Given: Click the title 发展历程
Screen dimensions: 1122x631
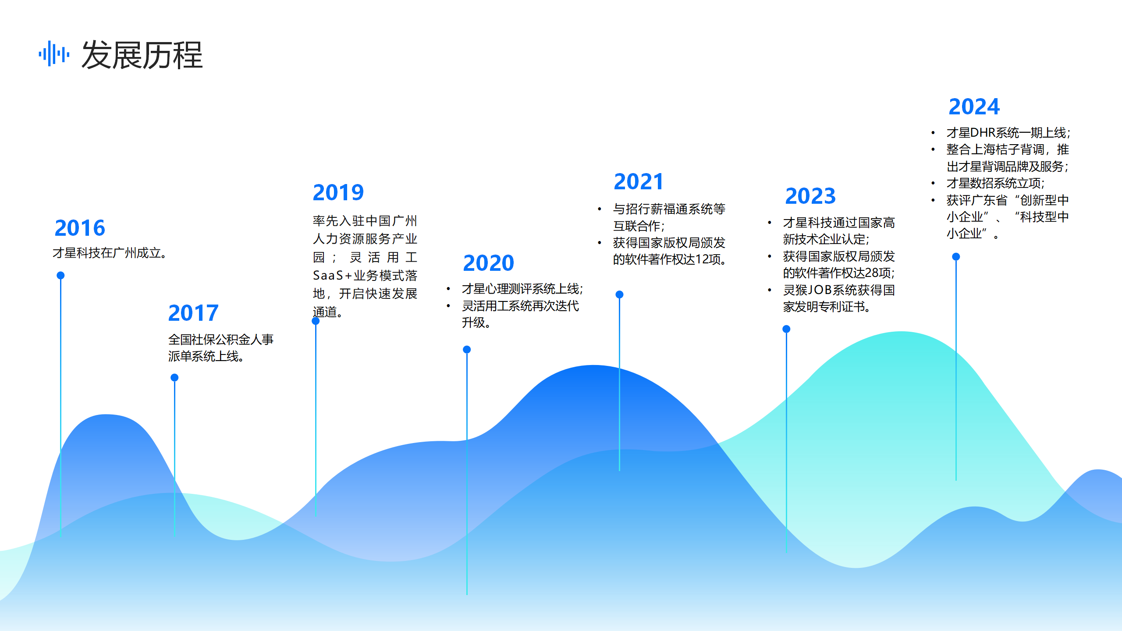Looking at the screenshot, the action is point(142,55).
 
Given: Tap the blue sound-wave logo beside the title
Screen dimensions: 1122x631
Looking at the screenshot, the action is point(54,54).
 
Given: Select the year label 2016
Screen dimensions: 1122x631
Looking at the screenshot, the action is point(80,228).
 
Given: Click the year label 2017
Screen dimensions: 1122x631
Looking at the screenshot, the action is point(193,313).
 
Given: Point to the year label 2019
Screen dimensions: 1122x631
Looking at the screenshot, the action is point(338,192).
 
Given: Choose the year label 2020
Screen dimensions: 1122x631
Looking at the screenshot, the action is point(488,263).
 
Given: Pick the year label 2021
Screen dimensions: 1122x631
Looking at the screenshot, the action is point(639,181).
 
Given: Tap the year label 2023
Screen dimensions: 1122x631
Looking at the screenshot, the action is point(810,196).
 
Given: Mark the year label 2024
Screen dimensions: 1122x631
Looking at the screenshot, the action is point(974,106).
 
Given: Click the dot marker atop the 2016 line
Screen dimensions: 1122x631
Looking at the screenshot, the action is point(60,275).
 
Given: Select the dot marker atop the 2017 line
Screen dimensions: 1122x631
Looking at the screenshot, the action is point(174,377).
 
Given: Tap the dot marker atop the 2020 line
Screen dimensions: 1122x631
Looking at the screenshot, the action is point(467,349).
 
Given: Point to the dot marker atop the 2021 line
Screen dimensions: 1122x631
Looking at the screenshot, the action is point(619,294).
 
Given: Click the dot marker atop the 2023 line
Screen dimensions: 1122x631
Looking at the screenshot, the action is point(786,329).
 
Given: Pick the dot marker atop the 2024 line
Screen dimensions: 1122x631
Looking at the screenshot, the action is point(956,256).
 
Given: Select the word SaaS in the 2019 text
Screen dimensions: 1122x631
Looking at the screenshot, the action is point(328,275).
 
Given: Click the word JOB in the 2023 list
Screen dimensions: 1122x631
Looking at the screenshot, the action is point(820,290).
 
